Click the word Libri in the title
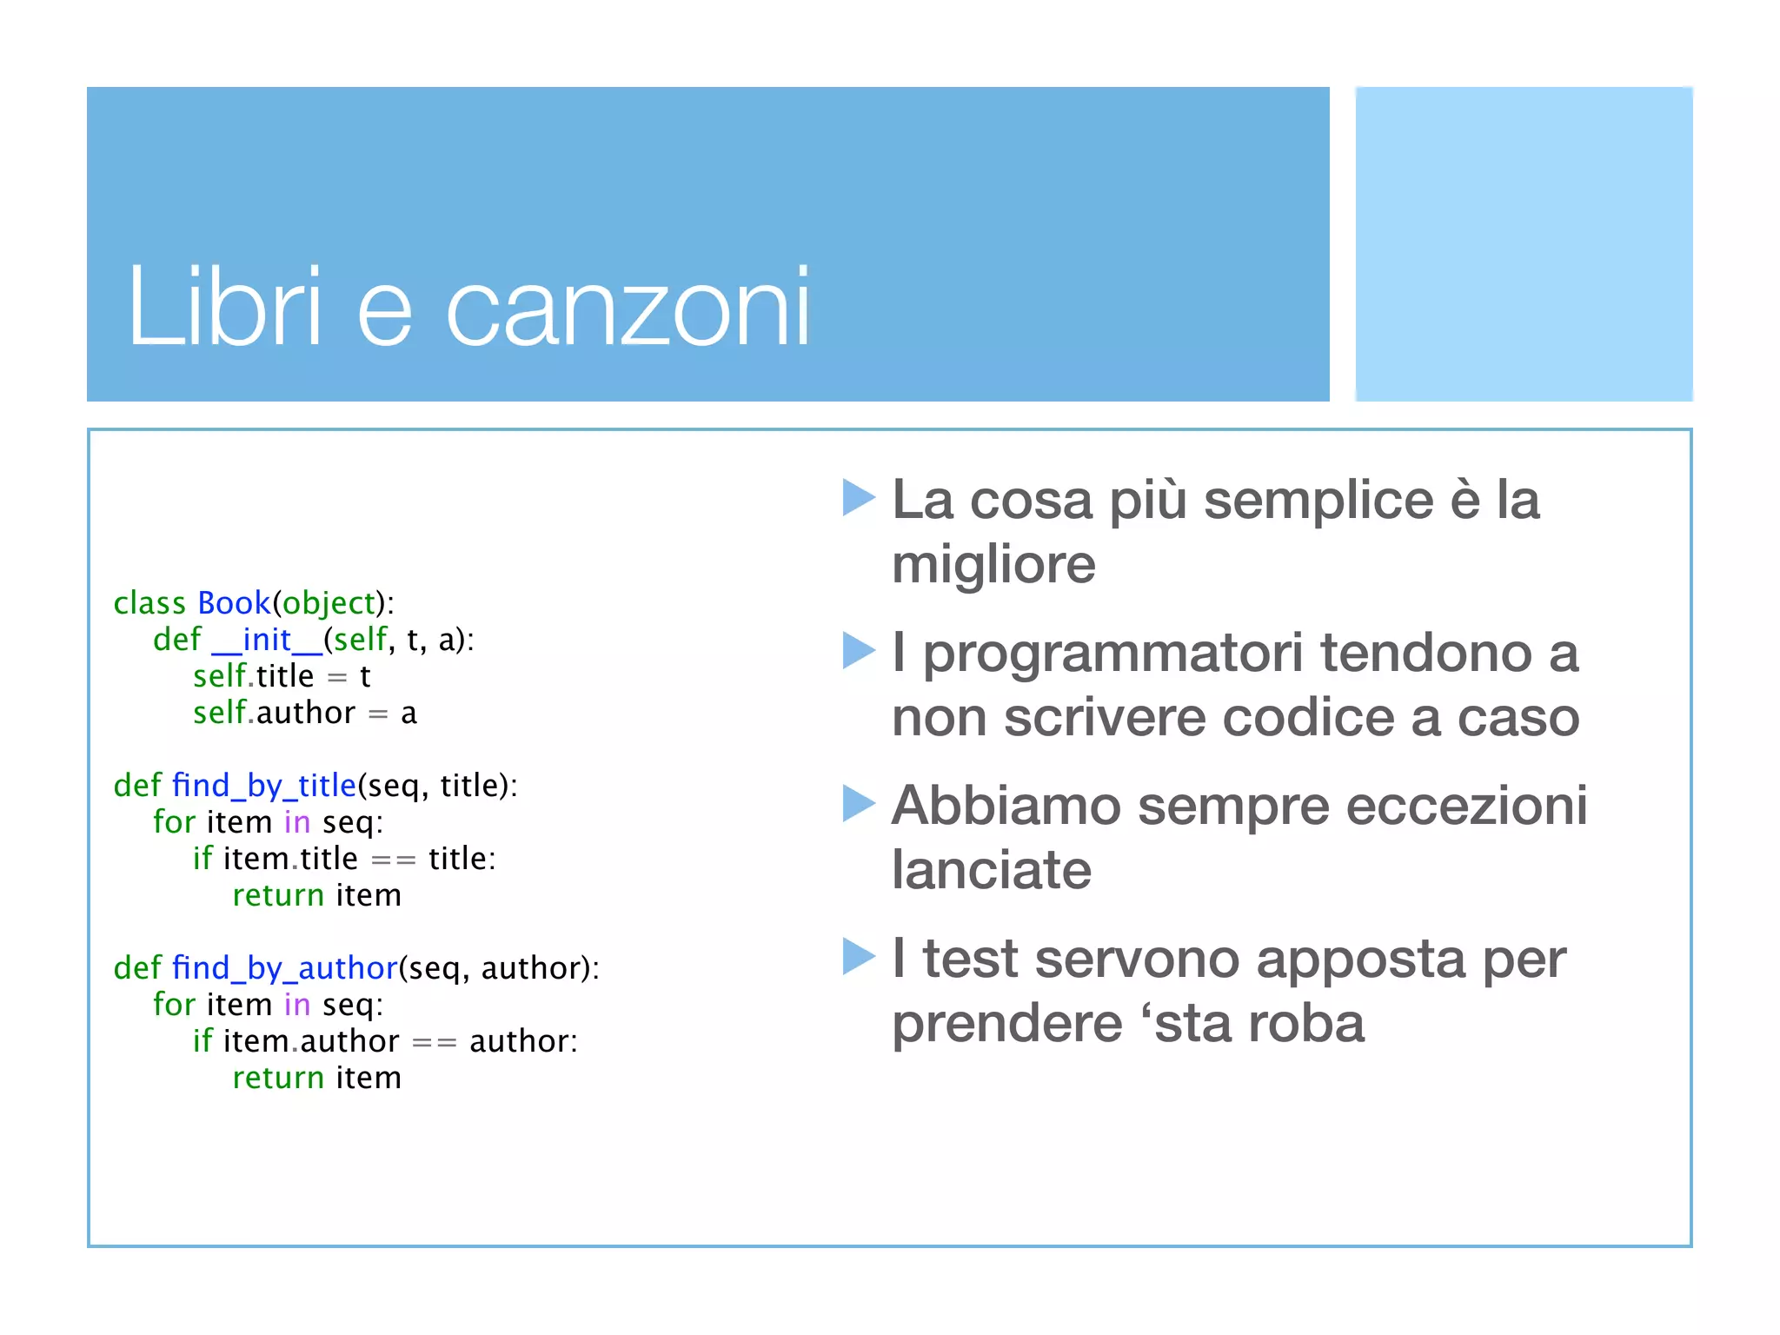coord(224,307)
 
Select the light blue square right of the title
coord(1524,244)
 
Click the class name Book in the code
coord(234,603)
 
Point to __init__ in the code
coord(267,641)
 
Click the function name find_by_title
coord(264,786)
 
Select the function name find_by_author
coord(284,968)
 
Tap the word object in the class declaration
coord(329,604)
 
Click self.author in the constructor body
coord(274,714)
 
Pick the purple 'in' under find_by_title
coord(296,822)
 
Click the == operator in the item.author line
coord(434,1042)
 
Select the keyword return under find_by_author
coord(278,1079)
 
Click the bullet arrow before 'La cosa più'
coord(859,498)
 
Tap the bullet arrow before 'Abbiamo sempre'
coord(859,804)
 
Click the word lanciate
coord(992,870)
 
